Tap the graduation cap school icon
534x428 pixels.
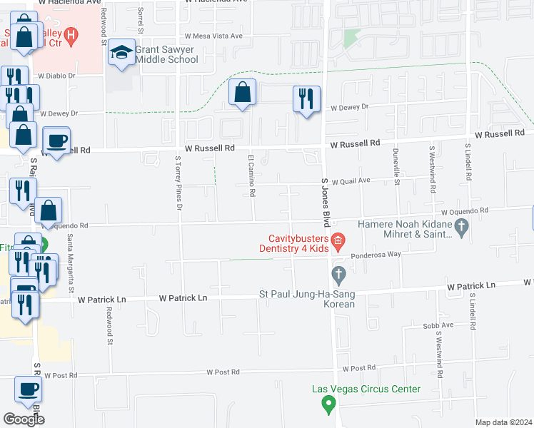click(122, 54)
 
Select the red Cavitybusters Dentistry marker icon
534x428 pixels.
click(338, 240)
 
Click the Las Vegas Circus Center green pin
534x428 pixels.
click(328, 405)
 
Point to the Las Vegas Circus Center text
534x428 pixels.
click(366, 389)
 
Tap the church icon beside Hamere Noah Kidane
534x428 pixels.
click(461, 228)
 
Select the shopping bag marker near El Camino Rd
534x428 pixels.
click(243, 93)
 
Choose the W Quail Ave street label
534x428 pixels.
click(351, 181)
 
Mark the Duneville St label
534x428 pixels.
click(396, 166)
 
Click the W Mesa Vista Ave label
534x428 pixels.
click(213, 36)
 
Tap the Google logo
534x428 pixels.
click(24, 419)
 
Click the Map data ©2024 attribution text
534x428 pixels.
click(503, 422)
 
